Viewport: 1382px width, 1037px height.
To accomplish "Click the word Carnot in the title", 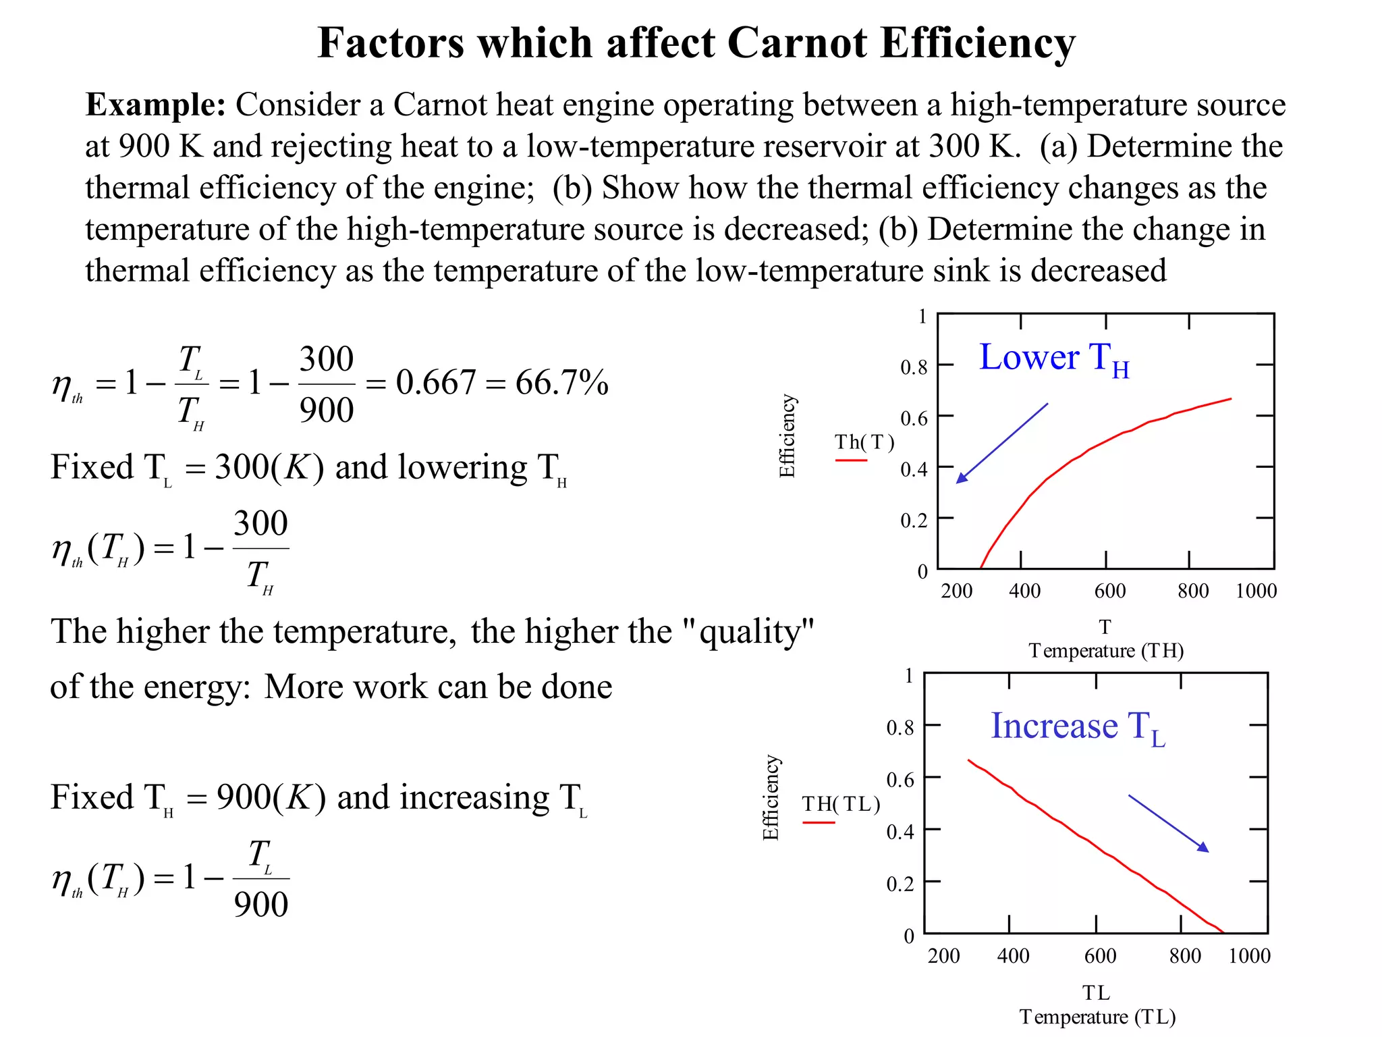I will click(797, 43).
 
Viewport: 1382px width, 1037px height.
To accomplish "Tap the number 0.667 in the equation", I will click(435, 383).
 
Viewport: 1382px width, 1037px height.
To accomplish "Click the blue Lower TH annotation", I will click(1053, 358).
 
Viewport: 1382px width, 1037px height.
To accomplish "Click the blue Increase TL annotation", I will click(1077, 727).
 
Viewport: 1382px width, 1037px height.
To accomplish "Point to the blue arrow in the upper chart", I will click(1002, 443).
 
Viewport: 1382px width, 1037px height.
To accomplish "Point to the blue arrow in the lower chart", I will click(1168, 824).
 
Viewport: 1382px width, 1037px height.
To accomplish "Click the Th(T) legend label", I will click(864, 442).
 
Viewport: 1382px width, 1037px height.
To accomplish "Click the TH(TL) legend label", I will click(841, 804).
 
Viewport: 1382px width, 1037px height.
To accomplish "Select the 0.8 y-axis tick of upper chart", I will click(914, 367).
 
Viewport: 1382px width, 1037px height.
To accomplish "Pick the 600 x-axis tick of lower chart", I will click(1100, 956).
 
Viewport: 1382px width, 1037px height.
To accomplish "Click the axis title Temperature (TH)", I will click(1106, 651).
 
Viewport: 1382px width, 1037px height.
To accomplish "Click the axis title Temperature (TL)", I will click(1097, 1017).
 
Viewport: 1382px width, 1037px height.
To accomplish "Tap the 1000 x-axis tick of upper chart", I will click(1256, 591).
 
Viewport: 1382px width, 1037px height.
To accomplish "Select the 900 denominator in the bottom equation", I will click(261, 905).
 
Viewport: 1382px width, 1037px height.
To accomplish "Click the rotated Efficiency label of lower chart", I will click(771, 797).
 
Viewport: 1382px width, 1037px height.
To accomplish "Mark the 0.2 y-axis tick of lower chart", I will click(900, 884).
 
